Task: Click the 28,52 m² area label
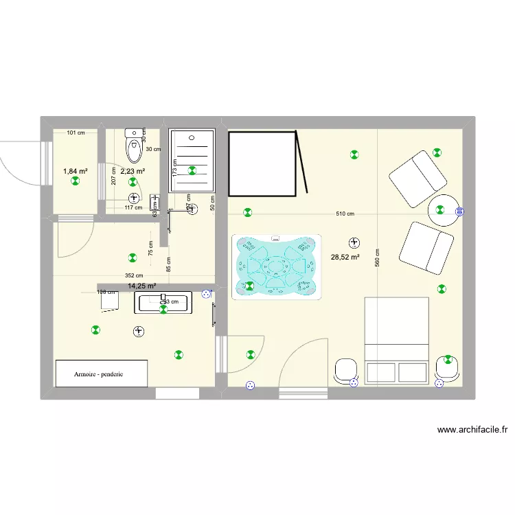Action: [x=346, y=257]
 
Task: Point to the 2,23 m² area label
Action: [x=133, y=171]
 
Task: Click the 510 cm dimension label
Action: [x=345, y=214]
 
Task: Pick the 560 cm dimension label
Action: [x=378, y=257]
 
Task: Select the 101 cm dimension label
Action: [x=76, y=133]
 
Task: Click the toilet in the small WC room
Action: [x=133, y=146]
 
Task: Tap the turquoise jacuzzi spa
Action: [x=277, y=266]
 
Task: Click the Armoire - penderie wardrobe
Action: [x=101, y=374]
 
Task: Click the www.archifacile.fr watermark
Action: [x=473, y=431]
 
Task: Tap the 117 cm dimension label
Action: [x=133, y=207]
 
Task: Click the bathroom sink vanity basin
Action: [x=165, y=303]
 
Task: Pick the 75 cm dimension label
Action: [x=150, y=247]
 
